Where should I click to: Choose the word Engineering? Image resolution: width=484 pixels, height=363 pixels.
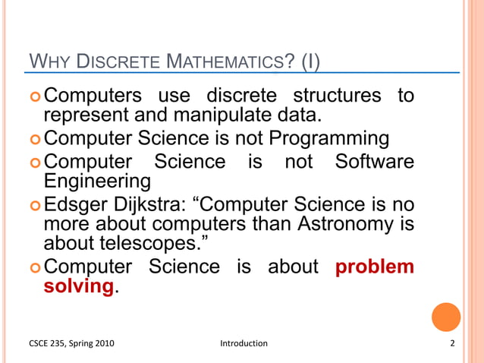click(x=96, y=181)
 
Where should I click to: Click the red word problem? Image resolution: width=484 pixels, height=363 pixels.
click(x=375, y=267)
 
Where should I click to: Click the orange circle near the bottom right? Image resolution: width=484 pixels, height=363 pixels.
click(x=446, y=317)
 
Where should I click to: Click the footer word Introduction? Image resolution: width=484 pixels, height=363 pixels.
click(x=244, y=343)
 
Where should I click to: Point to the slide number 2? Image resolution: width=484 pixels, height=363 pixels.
click(x=451, y=343)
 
